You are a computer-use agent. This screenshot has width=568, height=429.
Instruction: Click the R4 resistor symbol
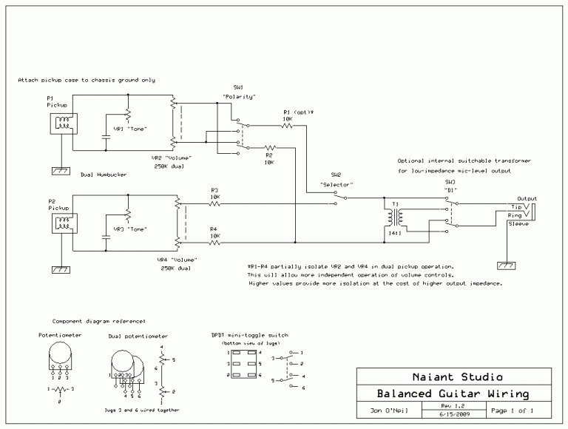pos(214,242)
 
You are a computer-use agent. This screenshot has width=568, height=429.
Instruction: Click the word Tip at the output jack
pos(515,206)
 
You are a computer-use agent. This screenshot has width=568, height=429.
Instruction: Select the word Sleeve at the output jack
pos(518,222)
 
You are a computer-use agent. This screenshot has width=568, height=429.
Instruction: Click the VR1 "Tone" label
pos(129,129)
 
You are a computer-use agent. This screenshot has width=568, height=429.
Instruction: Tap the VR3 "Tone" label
pos(129,229)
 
